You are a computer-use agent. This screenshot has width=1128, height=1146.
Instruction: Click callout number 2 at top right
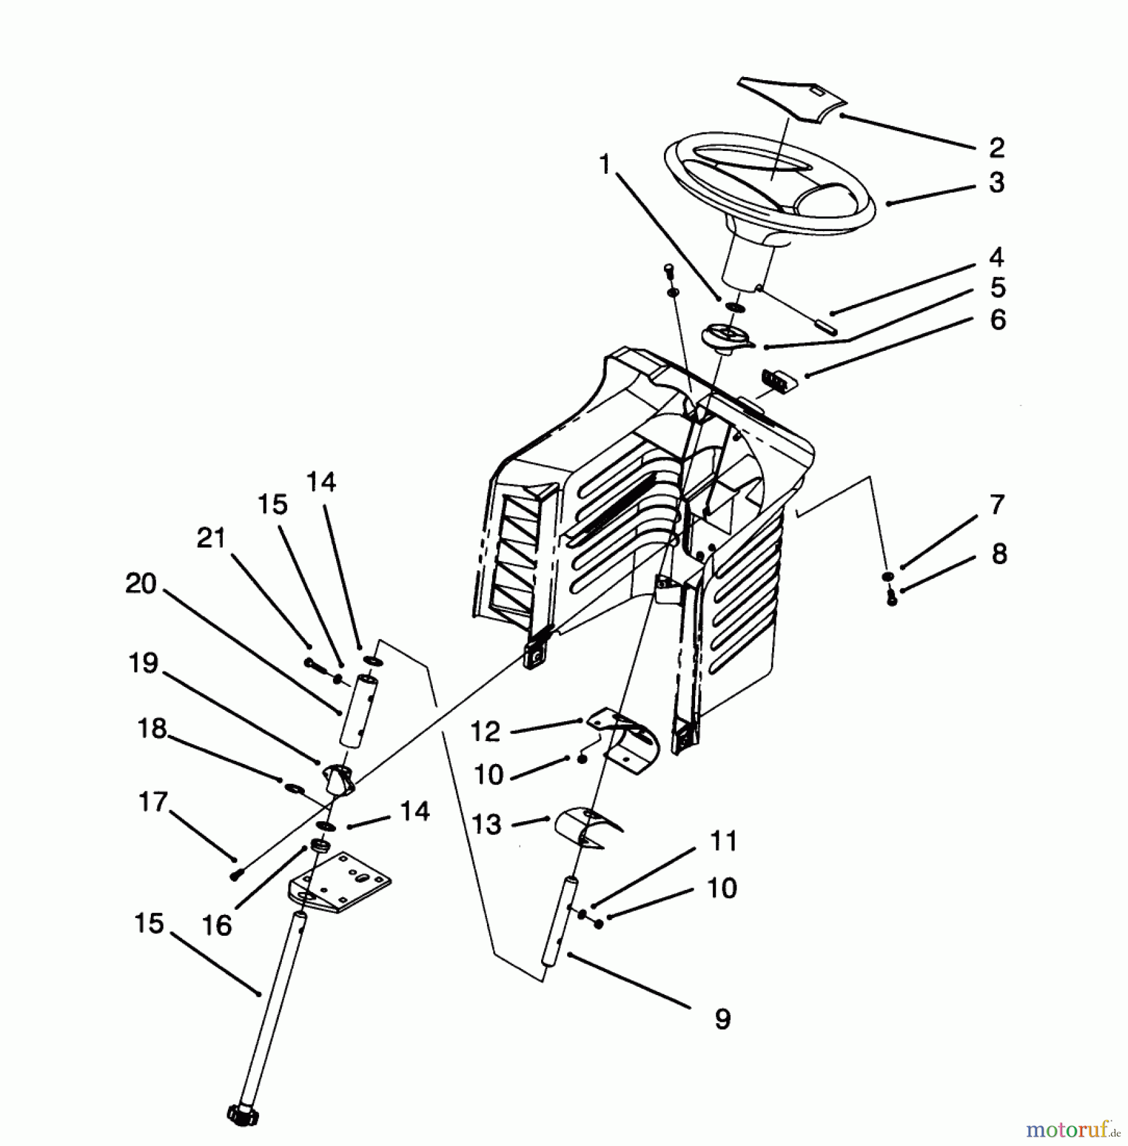[997, 148]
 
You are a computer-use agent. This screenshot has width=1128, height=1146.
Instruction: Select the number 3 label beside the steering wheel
[997, 183]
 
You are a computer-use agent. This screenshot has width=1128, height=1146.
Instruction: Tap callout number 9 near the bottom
[723, 1019]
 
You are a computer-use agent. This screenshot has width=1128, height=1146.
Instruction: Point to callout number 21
[211, 538]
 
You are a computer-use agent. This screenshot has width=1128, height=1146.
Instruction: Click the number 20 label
[141, 583]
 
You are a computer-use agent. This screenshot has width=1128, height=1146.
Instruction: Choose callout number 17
[153, 802]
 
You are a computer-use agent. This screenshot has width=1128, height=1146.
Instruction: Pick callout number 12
[486, 732]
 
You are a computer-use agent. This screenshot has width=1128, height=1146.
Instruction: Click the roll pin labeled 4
[825, 326]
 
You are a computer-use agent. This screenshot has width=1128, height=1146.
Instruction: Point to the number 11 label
[724, 842]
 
